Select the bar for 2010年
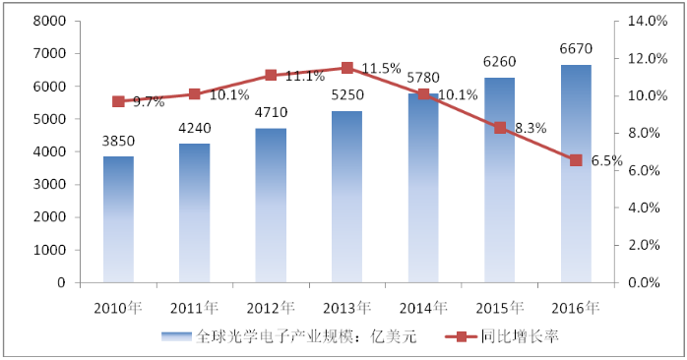pyautogui.click(x=118, y=219)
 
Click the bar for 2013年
pyautogui.click(x=346, y=197)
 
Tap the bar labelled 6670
pyautogui.click(x=576, y=174)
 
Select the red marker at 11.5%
pyautogui.click(x=347, y=68)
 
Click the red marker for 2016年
pyautogui.click(x=576, y=160)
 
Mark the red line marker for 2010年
pyautogui.click(x=118, y=101)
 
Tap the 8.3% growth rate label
pyautogui.click(x=529, y=128)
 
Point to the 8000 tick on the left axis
pyautogui.click(x=49, y=21)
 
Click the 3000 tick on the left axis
pyautogui.click(x=49, y=184)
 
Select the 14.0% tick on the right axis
pyautogui.click(x=642, y=21)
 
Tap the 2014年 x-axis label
pyautogui.click(x=423, y=307)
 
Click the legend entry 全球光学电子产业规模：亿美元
pyautogui.click(x=290, y=337)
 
